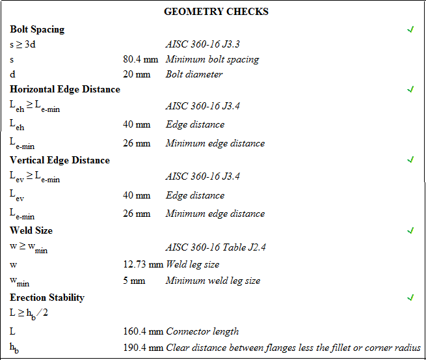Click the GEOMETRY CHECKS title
coord(216,12)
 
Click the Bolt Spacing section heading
coord(37,29)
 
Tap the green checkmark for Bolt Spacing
coord(410,29)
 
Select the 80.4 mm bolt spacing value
coord(140,59)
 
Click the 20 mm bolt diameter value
coord(136,74)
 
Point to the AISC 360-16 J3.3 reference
coord(203,44)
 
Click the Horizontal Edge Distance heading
coord(65,89)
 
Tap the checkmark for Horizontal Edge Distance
coord(410,89)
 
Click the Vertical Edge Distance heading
coord(60,160)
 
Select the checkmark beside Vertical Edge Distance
coord(410,159)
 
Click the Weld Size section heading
coord(31,230)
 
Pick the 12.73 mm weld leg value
coord(143,264)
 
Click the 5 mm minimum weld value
coord(134,281)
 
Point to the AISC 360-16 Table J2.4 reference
coord(216,247)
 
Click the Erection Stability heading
coord(47,298)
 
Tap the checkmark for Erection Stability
coord(410,298)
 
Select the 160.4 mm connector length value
coord(143,331)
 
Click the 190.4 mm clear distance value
coord(143,348)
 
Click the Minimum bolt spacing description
coord(212,59)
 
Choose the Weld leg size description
coord(193,264)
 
